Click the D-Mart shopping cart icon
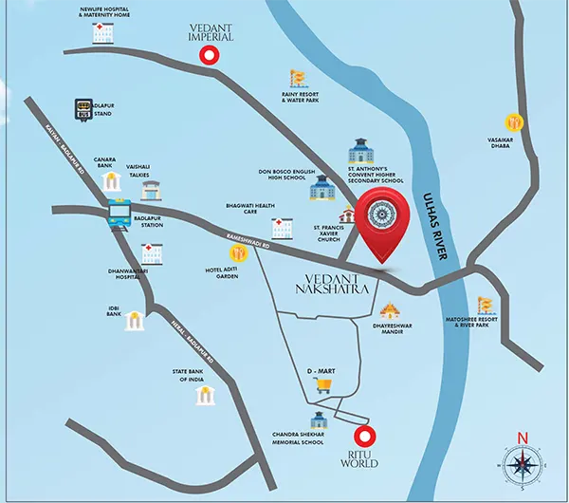tap(324, 383)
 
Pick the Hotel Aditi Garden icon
tap(235, 253)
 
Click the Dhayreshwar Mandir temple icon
tap(389, 310)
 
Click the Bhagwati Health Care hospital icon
tap(282, 228)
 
